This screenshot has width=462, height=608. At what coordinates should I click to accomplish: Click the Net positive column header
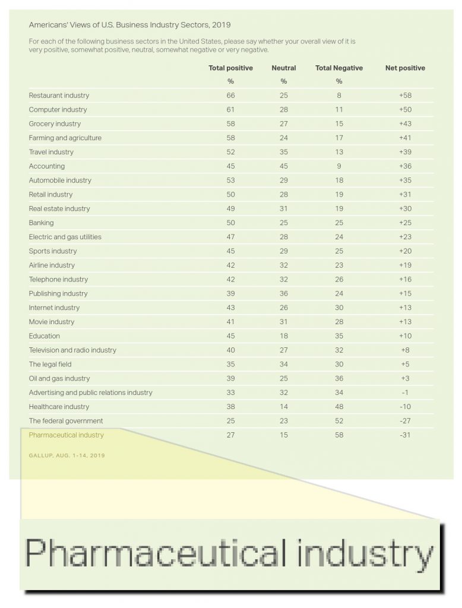coord(405,68)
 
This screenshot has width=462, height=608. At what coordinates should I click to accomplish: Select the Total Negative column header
coord(339,68)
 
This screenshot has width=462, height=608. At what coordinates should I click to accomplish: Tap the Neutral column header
coord(284,68)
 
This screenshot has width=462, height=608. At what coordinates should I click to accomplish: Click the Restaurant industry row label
coord(59,96)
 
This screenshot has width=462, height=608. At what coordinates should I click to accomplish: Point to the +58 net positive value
coord(406,96)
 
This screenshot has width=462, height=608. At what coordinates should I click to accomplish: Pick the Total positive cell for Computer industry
coord(230,110)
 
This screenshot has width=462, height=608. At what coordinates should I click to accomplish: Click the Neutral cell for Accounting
coord(284,166)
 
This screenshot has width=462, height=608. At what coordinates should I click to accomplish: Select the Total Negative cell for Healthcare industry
coord(339,407)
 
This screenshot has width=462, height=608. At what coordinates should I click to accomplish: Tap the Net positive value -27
coord(406,421)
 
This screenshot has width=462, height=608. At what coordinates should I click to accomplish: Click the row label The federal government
coord(66,421)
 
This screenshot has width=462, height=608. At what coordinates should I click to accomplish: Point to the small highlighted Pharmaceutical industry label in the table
coord(66,435)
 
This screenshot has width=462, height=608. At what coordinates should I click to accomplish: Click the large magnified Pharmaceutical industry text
coord(229,554)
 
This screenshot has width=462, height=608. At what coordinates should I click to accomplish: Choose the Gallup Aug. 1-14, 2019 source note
coord(67,455)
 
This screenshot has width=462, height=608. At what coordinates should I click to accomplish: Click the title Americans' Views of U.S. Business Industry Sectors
coord(129,26)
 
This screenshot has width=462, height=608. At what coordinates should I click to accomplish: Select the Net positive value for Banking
coord(406,223)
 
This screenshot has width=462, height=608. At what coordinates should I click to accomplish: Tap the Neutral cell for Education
coord(284,336)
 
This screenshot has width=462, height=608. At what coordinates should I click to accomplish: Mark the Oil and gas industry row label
coord(59,378)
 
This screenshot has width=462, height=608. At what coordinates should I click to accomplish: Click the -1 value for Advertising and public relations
coord(406,392)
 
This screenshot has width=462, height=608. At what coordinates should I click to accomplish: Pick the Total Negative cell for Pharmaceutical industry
coord(339,435)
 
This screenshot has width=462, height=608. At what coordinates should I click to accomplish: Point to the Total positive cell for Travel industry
coord(230,152)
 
